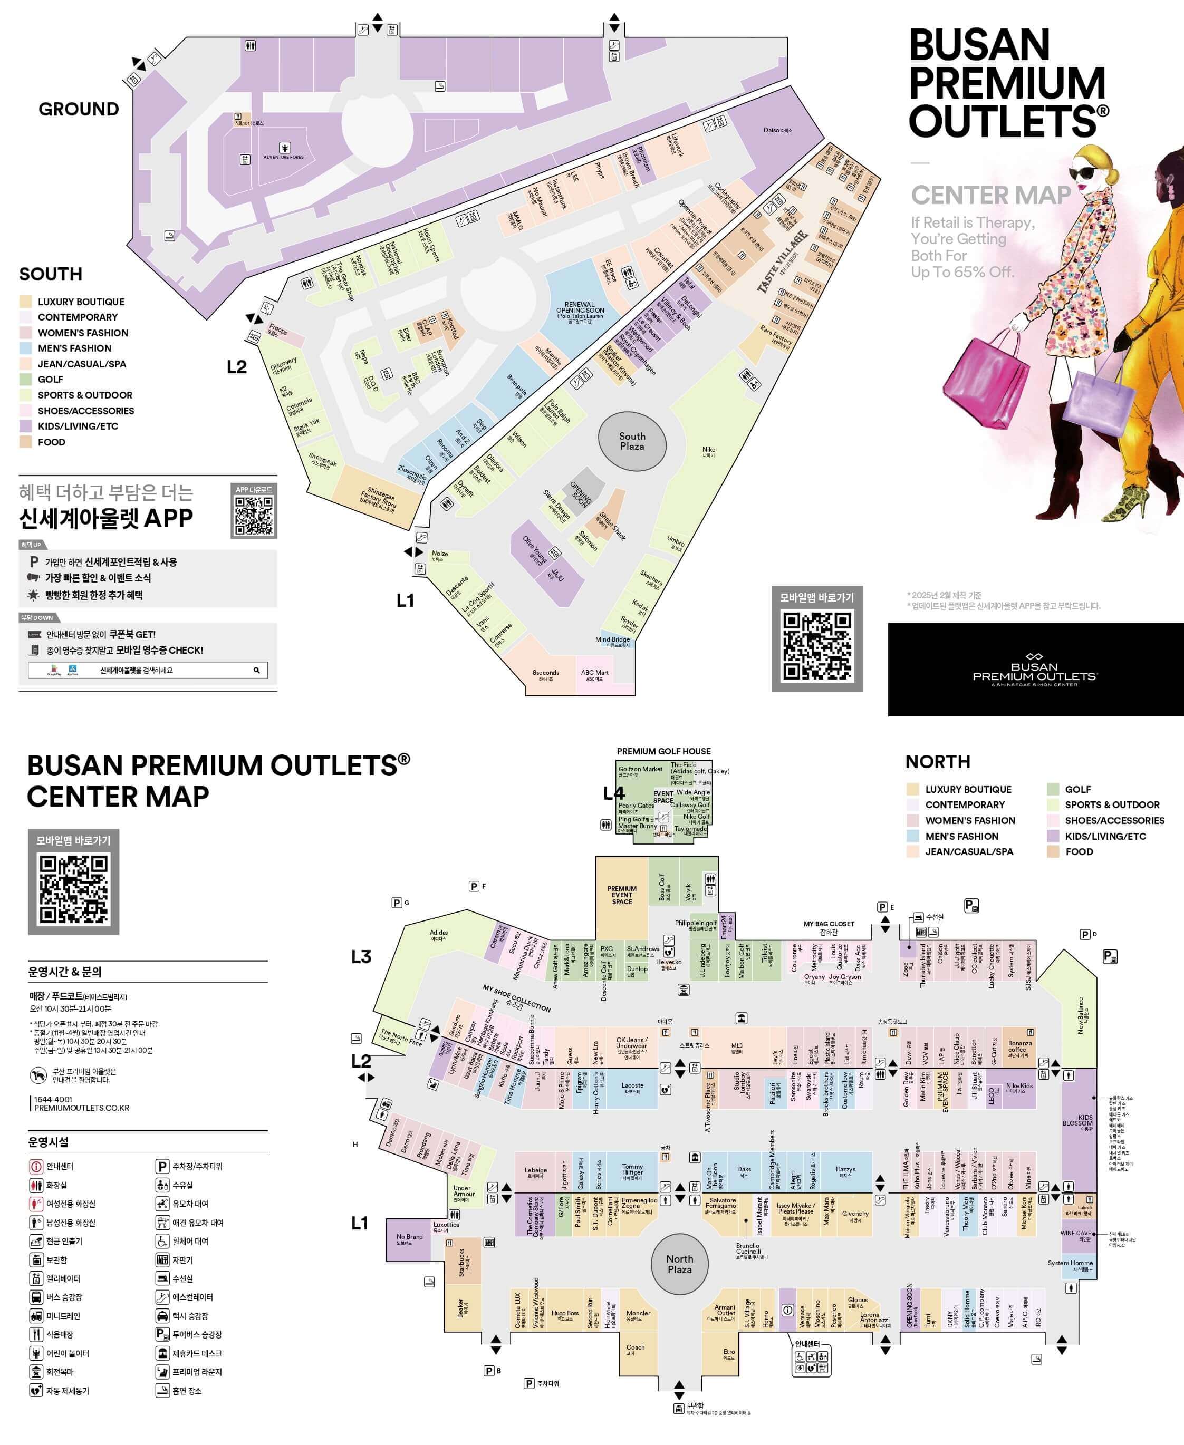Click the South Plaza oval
point(632,441)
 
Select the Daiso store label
point(777,130)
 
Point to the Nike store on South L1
point(709,451)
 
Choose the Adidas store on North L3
point(439,935)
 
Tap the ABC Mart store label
point(595,674)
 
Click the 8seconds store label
point(546,674)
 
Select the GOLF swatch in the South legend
point(25,380)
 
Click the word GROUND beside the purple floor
point(79,109)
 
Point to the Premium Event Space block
point(621,896)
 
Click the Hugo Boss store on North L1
point(565,1314)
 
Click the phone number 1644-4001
point(53,1099)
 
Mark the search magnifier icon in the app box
point(256,670)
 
